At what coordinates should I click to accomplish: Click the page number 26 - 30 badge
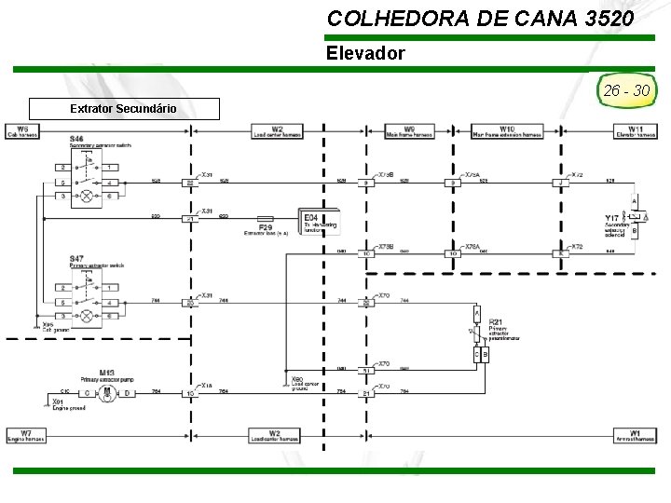pyautogui.click(x=626, y=91)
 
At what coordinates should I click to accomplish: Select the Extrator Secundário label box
pyautogui.click(x=124, y=109)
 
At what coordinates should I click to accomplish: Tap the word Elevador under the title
pyautogui.click(x=365, y=53)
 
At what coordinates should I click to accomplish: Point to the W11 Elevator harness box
pyautogui.click(x=635, y=131)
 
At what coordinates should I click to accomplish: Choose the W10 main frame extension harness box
pyautogui.click(x=507, y=131)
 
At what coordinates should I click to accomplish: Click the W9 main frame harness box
pyautogui.click(x=410, y=131)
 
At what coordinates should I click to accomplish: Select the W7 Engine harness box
pyautogui.click(x=26, y=435)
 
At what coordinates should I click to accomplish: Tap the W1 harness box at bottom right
pyautogui.click(x=635, y=435)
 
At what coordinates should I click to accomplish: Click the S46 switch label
pyautogui.click(x=75, y=140)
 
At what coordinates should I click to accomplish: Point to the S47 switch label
pyautogui.click(x=75, y=258)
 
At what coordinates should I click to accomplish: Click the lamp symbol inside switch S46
pyautogui.click(x=87, y=197)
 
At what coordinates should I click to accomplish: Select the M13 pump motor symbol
pyautogui.click(x=107, y=393)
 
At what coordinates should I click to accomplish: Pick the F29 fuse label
pyautogui.click(x=266, y=226)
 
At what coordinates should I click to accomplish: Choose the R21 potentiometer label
pyautogui.click(x=495, y=322)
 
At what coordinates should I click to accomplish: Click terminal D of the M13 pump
pyautogui.click(x=128, y=393)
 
